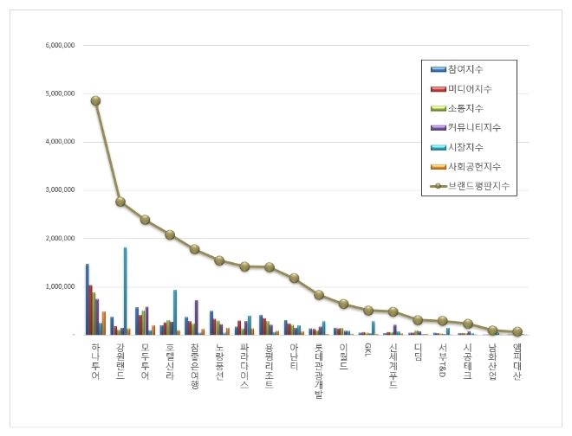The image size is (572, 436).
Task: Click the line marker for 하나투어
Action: coord(95,100)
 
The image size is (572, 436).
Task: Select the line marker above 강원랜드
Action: coord(120,202)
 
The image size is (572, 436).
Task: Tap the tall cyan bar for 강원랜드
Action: coord(125,291)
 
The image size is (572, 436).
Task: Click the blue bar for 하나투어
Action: coord(87,298)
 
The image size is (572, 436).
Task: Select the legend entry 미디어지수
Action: coord(469,89)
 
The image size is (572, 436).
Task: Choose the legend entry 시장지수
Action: coord(464,147)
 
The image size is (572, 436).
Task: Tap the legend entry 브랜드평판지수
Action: coord(473,186)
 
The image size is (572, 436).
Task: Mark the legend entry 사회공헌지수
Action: coord(473,166)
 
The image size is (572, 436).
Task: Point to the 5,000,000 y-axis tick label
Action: coord(58,93)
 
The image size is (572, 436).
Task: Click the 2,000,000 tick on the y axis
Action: coord(58,238)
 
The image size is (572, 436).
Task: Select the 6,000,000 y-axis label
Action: coord(58,45)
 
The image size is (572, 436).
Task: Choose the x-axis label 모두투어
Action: coord(145,362)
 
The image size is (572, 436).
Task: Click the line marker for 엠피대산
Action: coord(517,331)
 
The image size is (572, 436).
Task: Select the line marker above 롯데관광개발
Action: coord(319,294)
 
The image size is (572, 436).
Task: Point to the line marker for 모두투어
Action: coord(145,219)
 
